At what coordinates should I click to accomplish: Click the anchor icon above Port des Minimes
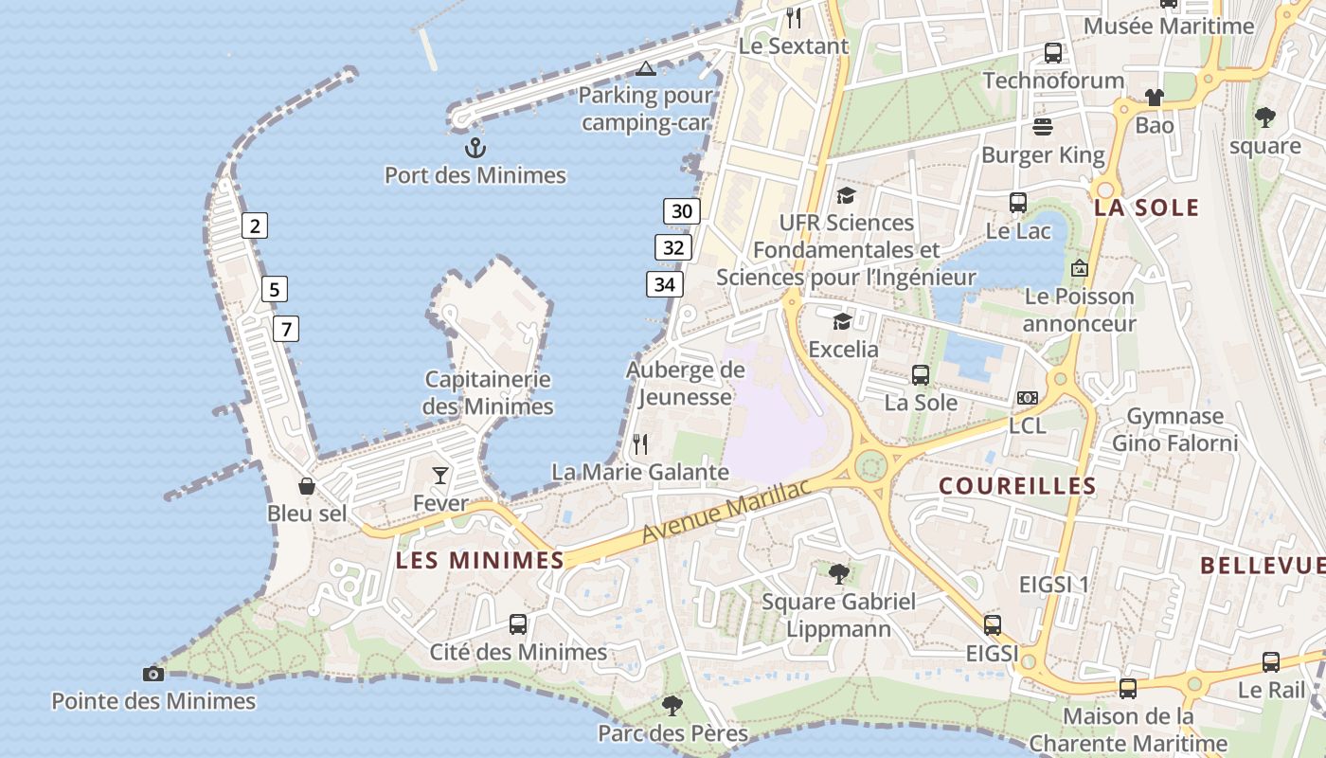[x=475, y=148]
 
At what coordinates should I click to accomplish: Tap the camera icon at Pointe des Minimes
[x=152, y=674]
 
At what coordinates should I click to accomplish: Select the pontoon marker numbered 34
[x=665, y=283]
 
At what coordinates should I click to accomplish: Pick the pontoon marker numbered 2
[x=255, y=226]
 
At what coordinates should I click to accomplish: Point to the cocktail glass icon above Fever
[x=440, y=475]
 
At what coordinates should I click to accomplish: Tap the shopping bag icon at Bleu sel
[x=307, y=486]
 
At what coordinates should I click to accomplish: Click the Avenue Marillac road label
[x=726, y=512]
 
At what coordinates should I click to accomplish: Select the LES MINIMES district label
[x=480, y=560]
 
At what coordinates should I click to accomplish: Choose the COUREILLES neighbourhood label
[x=1017, y=486]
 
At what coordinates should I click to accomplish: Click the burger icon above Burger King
[x=1043, y=126]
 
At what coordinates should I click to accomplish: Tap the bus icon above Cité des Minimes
[x=518, y=624]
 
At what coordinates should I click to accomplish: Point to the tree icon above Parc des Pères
[x=672, y=705]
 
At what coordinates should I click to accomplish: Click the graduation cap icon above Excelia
[x=842, y=321]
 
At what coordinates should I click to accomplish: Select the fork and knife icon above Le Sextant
[x=794, y=17]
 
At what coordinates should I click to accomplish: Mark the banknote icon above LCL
[x=1027, y=398]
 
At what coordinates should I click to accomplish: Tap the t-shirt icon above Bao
[x=1154, y=97]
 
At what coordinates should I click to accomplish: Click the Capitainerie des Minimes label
[x=488, y=393]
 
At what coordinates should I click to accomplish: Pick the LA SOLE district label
[x=1146, y=208]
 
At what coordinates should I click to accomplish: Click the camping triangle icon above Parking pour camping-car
[x=645, y=68]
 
